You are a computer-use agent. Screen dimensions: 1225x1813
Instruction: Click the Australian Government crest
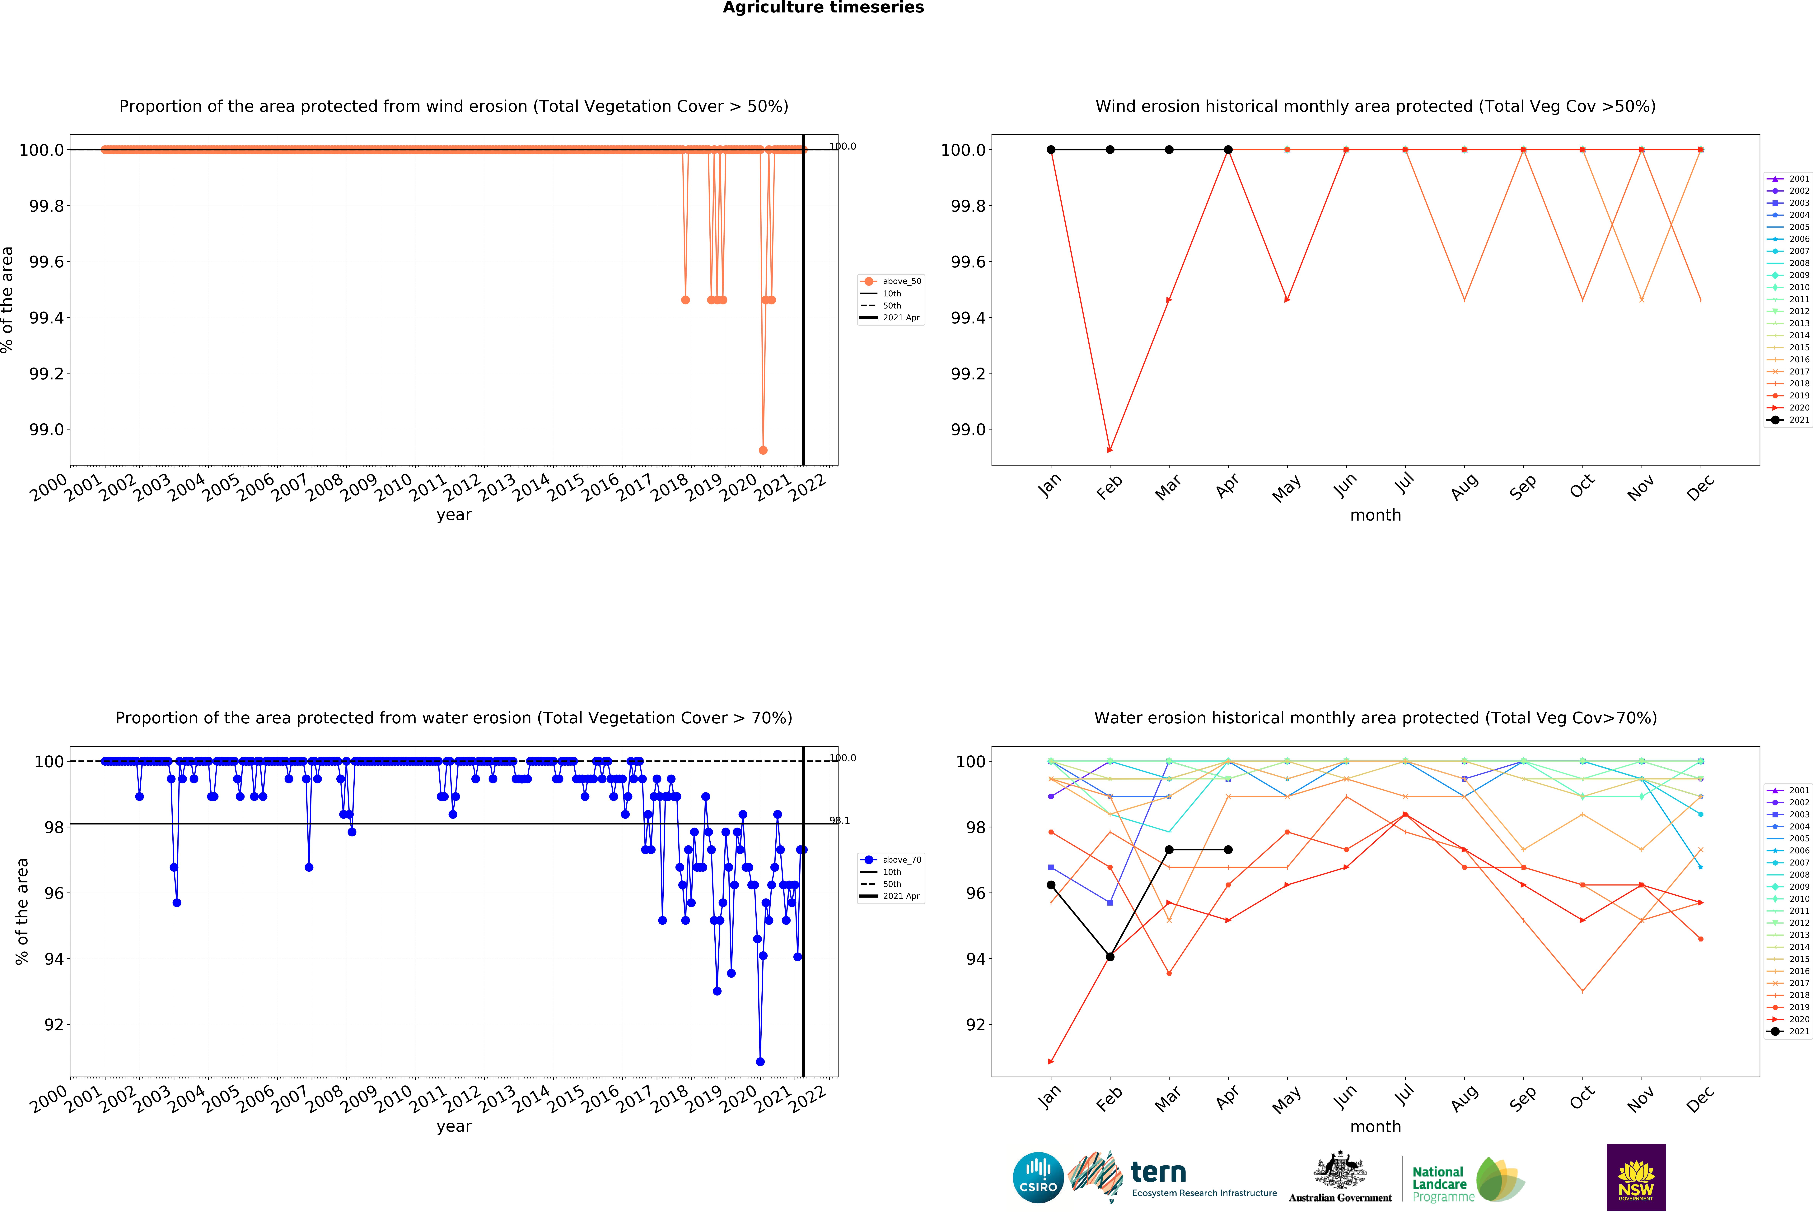1339,1170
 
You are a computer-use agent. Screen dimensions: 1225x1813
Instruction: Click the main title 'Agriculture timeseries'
823,8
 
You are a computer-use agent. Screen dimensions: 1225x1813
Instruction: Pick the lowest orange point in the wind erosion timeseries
763,450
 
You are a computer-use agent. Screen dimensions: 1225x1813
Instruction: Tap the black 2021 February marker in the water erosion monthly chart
1110,957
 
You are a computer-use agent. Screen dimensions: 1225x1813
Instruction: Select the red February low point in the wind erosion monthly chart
1110,450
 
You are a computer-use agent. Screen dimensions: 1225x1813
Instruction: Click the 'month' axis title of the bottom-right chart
1375,1127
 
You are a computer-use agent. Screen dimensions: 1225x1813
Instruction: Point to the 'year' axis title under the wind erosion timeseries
454,515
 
